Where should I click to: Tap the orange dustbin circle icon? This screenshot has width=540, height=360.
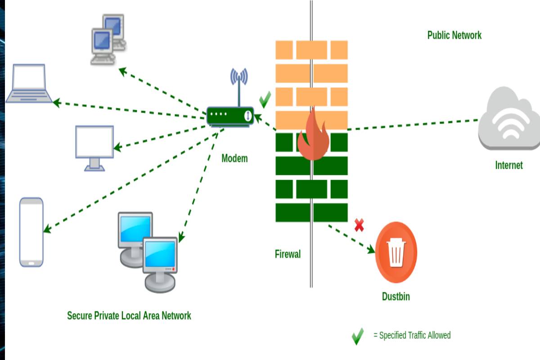[x=396, y=252]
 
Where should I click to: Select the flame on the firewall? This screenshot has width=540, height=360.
[x=313, y=135]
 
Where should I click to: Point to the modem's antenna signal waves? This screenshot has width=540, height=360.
[x=239, y=77]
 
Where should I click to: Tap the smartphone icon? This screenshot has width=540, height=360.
[x=31, y=232]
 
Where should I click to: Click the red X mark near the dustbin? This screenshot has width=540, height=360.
[x=359, y=225]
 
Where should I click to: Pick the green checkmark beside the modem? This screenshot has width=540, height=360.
[x=265, y=99]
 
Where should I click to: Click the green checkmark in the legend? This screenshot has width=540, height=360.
[x=358, y=336]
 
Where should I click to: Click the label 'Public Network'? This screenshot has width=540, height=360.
[x=454, y=35]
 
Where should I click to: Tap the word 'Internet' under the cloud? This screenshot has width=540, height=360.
[x=509, y=165]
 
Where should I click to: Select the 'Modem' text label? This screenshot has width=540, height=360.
[x=234, y=158]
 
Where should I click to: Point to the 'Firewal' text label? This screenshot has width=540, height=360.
[x=288, y=254]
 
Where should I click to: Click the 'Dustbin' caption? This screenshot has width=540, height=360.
[x=396, y=297]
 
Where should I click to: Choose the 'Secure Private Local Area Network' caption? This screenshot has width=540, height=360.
[x=129, y=315]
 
